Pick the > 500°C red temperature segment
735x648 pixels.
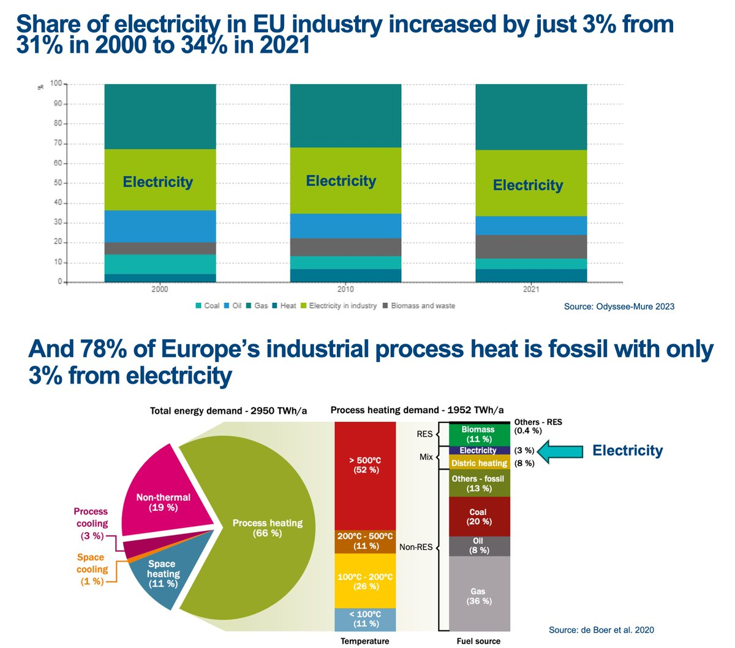(x=365, y=466)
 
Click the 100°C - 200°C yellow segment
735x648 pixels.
(x=365, y=581)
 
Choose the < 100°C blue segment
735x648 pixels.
(x=365, y=619)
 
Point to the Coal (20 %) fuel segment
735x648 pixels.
(x=479, y=516)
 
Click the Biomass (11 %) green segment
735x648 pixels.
(x=479, y=434)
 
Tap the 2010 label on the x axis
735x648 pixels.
(x=345, y=289)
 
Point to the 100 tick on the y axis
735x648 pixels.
(x=56, y=83)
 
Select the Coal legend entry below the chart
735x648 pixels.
(x=208, y=305)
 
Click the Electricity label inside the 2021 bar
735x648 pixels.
(x=528, y=185)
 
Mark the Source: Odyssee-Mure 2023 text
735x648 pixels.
(x=619, y=306)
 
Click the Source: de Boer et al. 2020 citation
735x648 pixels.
(x=601, y=630)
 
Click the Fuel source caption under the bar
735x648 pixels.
(x=478, y=641)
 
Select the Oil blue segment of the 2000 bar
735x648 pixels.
(x=160, y=226)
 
